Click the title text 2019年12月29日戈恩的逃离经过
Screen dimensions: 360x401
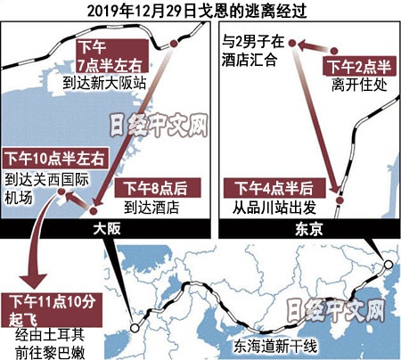200,10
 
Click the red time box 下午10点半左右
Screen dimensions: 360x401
56,156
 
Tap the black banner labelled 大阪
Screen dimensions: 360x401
108,228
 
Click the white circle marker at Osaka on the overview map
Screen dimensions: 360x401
134,328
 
